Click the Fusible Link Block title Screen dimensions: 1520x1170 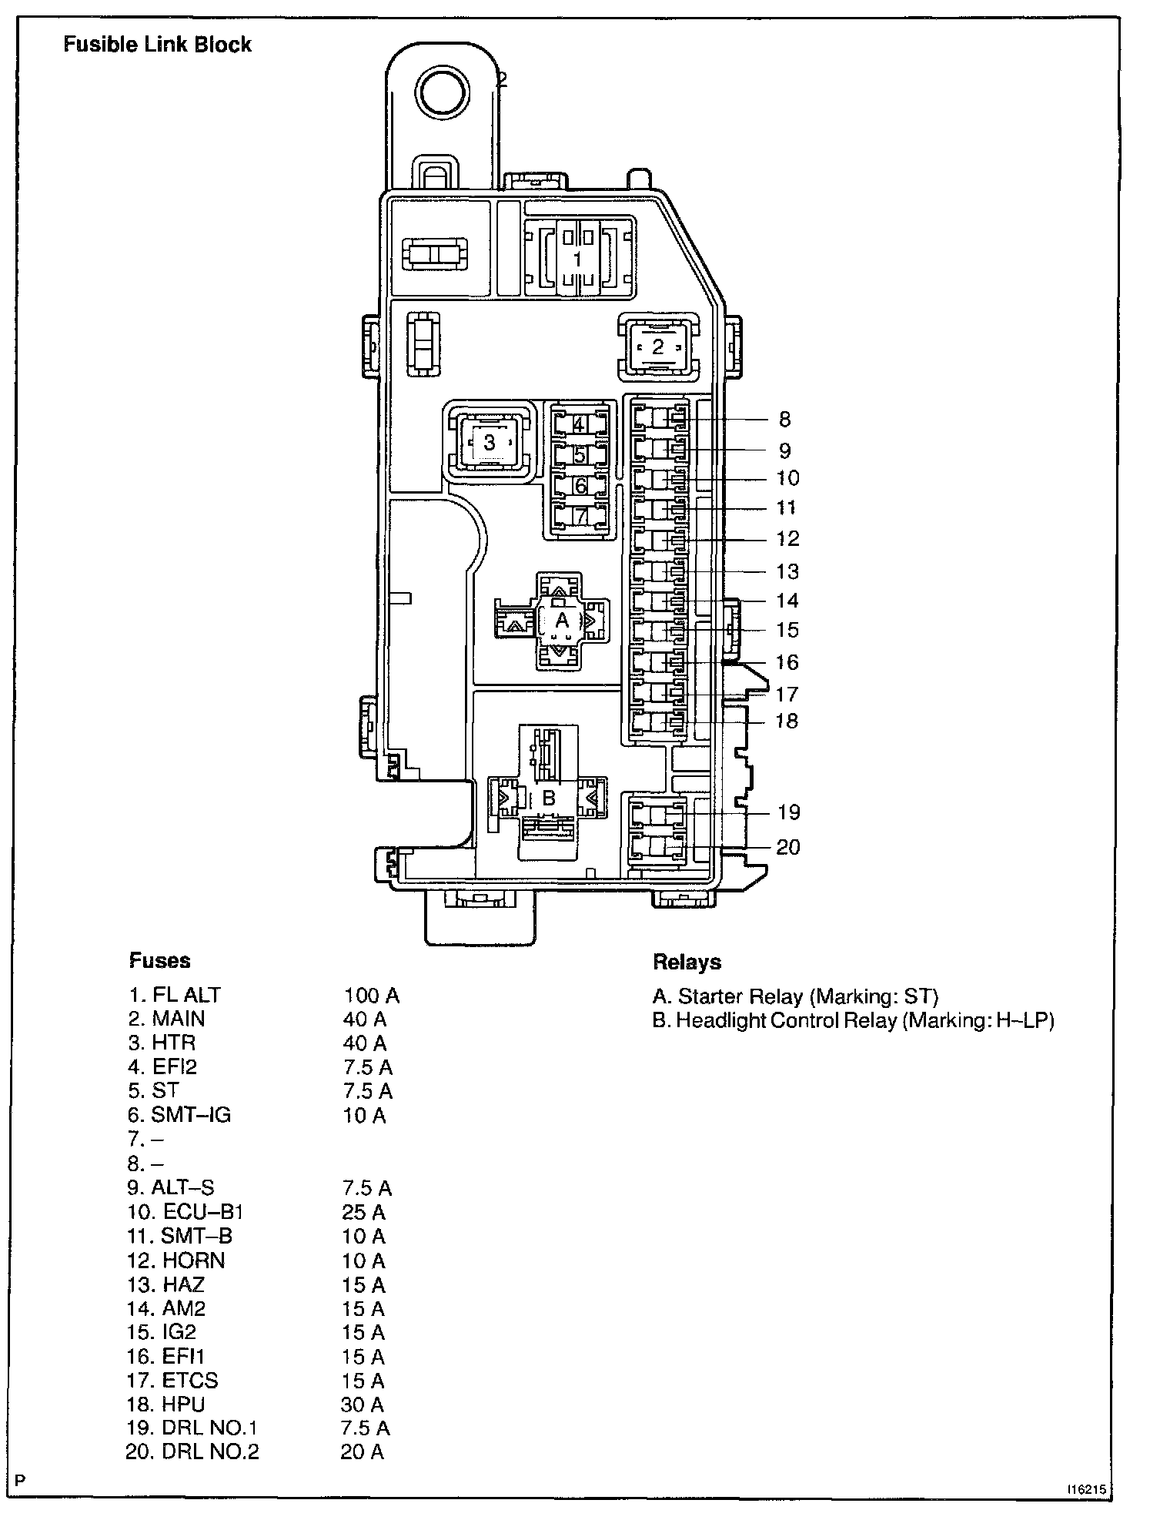click(157, 45)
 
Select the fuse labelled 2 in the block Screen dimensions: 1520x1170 click(657, 347)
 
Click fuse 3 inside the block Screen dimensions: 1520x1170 click(489, 443)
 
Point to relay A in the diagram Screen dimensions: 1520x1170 click(562, 620)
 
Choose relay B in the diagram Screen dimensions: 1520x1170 click(548, 798)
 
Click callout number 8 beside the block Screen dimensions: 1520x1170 click(784, 420)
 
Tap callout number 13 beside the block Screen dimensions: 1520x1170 click(787, 571)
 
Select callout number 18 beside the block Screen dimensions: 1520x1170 click(786, 721)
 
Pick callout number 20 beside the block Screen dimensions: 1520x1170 click(787, 847)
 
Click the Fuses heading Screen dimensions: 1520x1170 click(159, 960)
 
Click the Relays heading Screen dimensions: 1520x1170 click(687, 962)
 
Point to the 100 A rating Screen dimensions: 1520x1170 click(371, 996)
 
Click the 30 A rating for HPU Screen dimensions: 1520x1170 click(363, 1404)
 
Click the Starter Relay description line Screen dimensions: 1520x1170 click(795, 996)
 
